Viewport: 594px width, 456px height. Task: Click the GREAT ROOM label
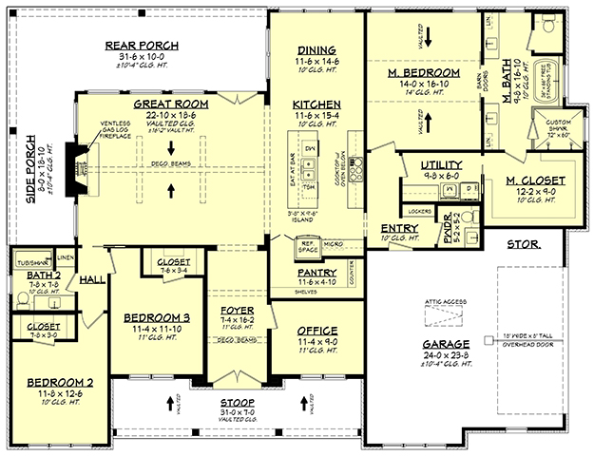pos(170,104)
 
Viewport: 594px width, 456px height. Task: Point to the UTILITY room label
pos(440,165)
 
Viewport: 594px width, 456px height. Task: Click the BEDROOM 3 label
pos(150,318)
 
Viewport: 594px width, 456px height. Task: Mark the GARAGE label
pos(446,344)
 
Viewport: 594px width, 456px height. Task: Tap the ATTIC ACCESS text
pos(446,300)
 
